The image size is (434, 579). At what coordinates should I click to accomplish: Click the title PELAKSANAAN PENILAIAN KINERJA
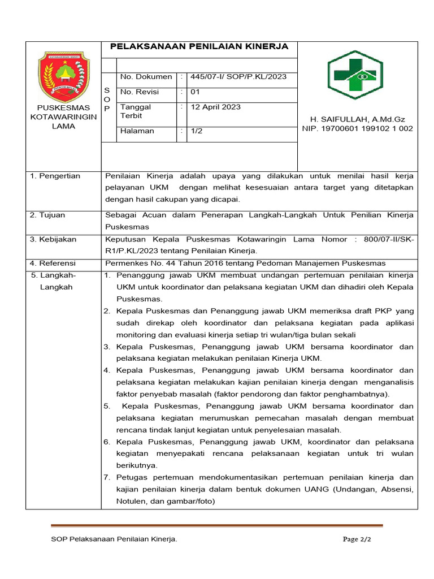click(199, 46)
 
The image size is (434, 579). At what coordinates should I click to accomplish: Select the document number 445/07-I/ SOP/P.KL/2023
click(238, 77)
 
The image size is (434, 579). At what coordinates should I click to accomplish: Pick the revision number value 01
click(195, 92)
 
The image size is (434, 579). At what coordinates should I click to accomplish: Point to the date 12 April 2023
click(215, 107)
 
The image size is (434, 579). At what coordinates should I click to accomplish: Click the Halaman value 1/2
click(197, 131)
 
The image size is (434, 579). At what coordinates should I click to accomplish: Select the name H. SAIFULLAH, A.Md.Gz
click(358, 119)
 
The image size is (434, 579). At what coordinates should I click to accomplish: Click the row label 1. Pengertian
click(55, 176)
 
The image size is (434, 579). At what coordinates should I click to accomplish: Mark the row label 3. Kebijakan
click(53, 239)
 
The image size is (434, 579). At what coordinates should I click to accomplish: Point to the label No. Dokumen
click(146, 77)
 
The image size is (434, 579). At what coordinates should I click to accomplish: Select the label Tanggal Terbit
click(136, 111)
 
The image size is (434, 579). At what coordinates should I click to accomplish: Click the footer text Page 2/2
click(357, 539)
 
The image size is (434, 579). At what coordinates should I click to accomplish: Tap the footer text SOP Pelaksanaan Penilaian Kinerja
click(114, 539)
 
